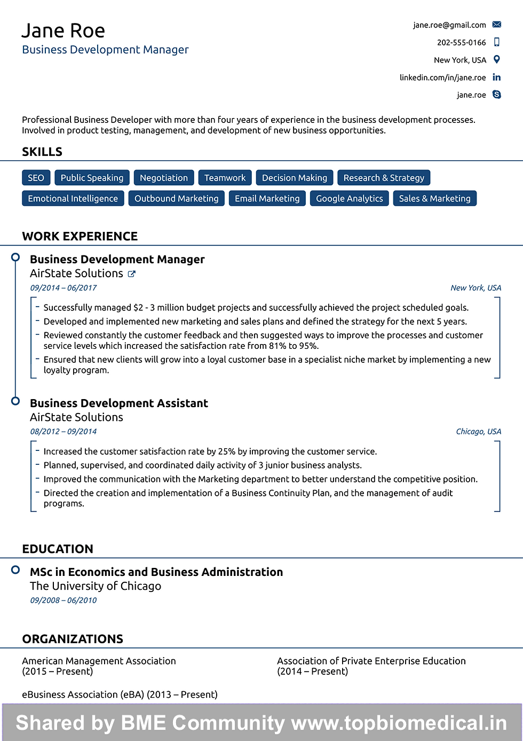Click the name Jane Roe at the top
coord(63,31)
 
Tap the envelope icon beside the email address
coord(497,25)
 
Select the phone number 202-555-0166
coord(461,43)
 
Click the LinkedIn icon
coord(497,77)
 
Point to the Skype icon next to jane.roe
coord(497,95)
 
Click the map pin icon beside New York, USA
coord(497,60)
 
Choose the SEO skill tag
coord(36,178)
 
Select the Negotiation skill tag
coord(163,178)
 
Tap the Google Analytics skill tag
coord(349,199)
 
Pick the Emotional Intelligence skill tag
coord(73,199)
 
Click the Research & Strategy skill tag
coord(384,178)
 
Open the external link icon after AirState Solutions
coord(132,274)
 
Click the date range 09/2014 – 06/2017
coord(64,288)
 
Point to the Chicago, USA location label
coord(478,432)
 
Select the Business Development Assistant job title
coord(118,403)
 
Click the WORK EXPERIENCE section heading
coord(80,236)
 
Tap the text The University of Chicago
coord(95,586)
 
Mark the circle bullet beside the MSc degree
coord(15,570)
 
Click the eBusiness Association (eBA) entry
coord(120,695)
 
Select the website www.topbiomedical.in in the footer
coord(399,723)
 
